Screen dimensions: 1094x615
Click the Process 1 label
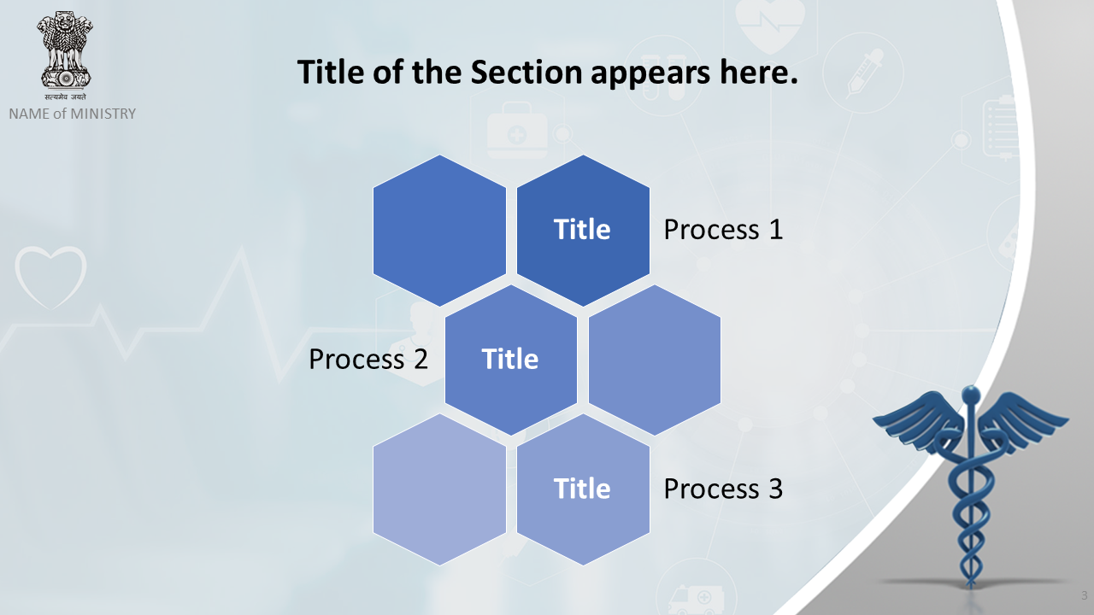[x=723, y=230]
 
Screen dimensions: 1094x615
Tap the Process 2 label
[x=368, y=360]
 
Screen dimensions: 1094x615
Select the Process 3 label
[x=723, y=489]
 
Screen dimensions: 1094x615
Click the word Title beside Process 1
[x=582, y=229]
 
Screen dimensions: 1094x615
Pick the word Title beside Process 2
[x=510, y=359]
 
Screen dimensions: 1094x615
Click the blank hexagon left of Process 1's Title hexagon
[x=439, y=231]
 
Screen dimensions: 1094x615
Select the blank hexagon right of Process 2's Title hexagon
[x=655, y=360]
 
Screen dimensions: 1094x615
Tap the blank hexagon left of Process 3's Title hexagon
[x=439, y=489]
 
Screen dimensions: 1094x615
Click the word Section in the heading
[x=526, y=73]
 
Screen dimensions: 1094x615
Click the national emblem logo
[x=65, y=56]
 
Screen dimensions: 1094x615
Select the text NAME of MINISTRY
[x=73, y=114]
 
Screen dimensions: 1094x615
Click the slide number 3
[x=1084, y=595]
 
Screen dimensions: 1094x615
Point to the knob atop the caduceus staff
[x=971, y=394]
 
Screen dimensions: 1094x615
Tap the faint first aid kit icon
[x=517, y=131]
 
